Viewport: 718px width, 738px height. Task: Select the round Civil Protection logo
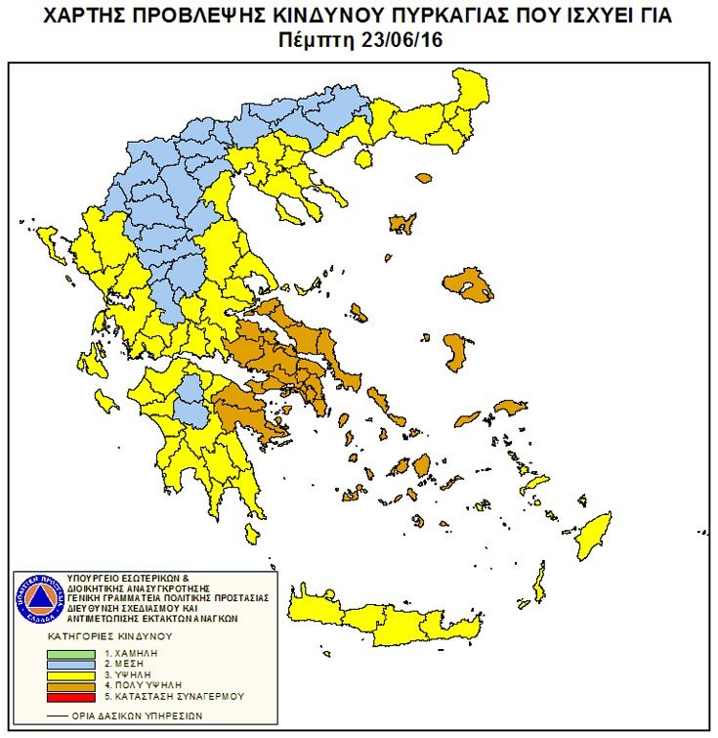pyautogui.click(x=38, y=598)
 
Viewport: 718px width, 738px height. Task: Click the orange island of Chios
pyautogui.click(x=454, y=351)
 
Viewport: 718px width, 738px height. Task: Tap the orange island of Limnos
pyautogui.click(x=401, y=223)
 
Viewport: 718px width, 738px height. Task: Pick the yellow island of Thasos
pyautogui.click(x=362, y=157)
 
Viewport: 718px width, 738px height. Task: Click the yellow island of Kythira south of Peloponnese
pyautogui.click(x=251, y=534)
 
